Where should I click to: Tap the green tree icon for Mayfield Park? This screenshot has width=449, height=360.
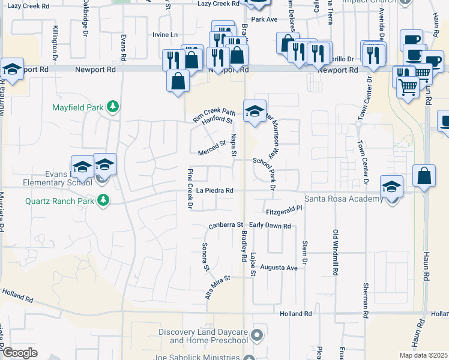[x=112, y=107]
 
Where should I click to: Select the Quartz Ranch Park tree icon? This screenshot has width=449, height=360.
[x=104, y=200]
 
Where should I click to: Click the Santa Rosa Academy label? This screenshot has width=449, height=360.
[x=343, y=199]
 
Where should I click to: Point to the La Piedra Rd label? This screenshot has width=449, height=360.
[x=214, y=190]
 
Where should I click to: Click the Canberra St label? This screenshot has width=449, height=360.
[x=225, y=226]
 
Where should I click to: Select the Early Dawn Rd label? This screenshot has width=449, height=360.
[x=270, y=226]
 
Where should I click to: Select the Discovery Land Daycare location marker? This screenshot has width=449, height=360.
[x=258, y=334]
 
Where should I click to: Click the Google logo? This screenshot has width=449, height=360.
[x=20, y=353]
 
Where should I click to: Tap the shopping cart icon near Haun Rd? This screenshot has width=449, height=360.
[x=408, y=88]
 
